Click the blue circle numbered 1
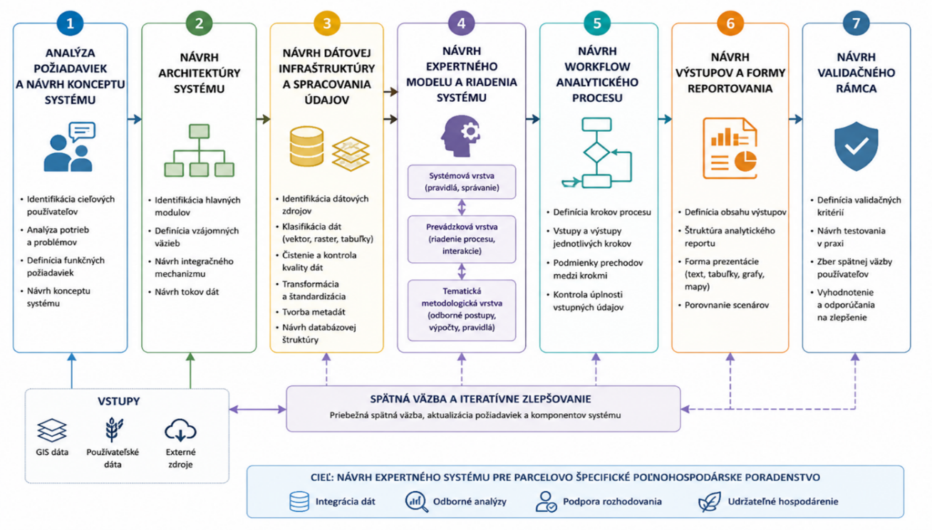pos(70,23)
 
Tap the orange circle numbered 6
pos(730,23)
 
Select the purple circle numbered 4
pos(462,23)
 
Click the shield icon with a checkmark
pos(856,146)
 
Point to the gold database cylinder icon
pos(306,146)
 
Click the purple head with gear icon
pos(460,135)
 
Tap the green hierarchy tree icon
pos(199,150)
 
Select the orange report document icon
pos(730,148)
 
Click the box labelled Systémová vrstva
pos(462,182)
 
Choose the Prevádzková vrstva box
pos(462,239)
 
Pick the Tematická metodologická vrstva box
pos(462,310)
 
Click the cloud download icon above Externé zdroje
pos(180,430)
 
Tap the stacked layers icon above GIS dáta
pos(51,430)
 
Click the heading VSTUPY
pos(118,401)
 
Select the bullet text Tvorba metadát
pos(314,312)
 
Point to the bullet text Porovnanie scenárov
pos(727,305)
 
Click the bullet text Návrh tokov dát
pos(187,291)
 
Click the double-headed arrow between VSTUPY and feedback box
pos(257,410)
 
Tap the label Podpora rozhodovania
pos(612,502)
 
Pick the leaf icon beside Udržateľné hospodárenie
pos(709,502)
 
